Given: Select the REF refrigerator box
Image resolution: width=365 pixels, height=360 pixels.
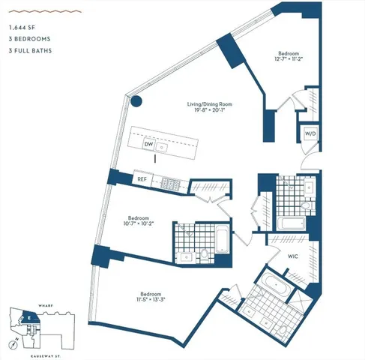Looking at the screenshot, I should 142,179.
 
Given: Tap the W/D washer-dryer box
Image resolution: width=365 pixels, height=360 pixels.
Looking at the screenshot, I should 310,133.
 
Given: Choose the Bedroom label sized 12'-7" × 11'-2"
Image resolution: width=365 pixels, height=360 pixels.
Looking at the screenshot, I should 289,57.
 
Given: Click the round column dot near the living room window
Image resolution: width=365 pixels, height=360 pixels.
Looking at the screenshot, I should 136,102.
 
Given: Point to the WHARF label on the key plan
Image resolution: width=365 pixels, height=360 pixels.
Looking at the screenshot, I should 28,305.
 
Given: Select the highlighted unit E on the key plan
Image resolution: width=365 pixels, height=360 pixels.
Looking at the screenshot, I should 28,317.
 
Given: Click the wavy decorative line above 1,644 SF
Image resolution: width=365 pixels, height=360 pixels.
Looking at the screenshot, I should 29,12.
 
